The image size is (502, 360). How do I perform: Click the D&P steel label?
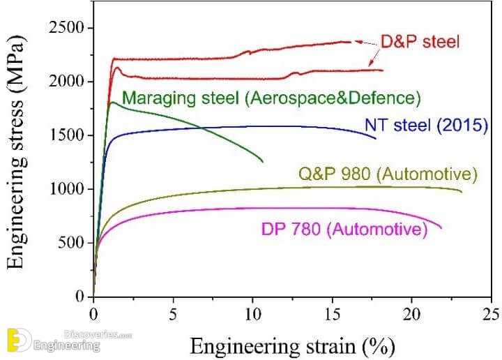420,43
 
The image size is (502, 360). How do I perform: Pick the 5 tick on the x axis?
174,312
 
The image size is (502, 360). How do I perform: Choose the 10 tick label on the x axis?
253,312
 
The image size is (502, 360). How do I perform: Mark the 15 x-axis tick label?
333,312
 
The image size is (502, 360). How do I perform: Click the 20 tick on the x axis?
413,312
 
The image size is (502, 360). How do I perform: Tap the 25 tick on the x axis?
492,312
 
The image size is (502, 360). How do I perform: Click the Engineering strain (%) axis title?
293,345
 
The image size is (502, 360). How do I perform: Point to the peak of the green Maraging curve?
112,103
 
